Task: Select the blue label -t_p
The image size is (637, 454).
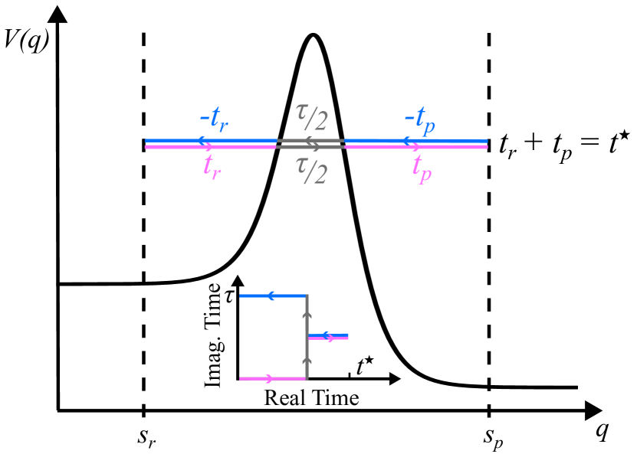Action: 419,120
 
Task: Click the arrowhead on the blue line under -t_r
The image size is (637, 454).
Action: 203,141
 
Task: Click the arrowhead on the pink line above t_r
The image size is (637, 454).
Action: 209,146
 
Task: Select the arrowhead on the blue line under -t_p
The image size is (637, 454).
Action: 407,141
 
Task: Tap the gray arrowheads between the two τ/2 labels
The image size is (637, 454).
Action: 311,143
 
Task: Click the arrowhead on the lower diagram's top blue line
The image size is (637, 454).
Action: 271,296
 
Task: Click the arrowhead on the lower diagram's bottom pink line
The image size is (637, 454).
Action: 268,378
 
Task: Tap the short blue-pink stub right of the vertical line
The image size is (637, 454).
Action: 328,336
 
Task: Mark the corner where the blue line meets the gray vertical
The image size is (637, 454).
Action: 307,296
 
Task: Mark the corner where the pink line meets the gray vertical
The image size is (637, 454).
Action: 307,378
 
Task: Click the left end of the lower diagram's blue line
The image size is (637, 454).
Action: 241,296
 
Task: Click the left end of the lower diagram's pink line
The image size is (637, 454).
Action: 241,378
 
